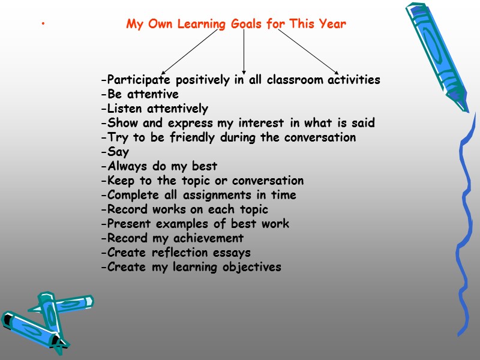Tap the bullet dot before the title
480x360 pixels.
tap(43, 25)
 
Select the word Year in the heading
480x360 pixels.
tap(332, 25)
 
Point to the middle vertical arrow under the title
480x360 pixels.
tap(244, 52)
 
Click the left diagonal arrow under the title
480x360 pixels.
tap(190, 52)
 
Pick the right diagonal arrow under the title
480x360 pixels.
tap(309, 52)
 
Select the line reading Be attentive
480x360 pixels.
tap(140, 94)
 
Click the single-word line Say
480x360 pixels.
tap(117, 152)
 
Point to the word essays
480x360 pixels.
tap(231, 253)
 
